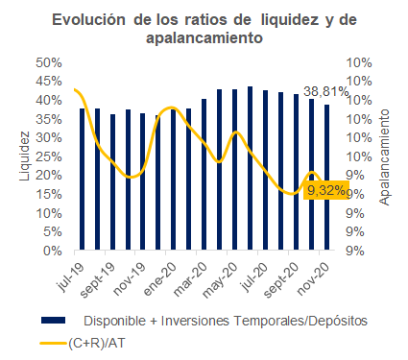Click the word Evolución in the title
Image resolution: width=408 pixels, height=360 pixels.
click(x=88, y=20)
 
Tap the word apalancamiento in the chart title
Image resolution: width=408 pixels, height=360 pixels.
click(x=204, y=37)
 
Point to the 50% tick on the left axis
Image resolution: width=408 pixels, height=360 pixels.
click(x=49, y=62)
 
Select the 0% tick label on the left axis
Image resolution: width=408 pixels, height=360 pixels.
click(x=53, y=251)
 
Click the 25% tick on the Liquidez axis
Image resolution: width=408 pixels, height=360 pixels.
click(x=49, y=156)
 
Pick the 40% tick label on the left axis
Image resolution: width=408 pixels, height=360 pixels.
click(x=49, y=101)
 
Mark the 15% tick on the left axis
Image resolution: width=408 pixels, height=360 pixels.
click(x=49, y=194)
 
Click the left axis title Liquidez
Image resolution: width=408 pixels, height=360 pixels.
click(x=25, y=156)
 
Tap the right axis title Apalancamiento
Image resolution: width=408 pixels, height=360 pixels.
click(x=384, y=157)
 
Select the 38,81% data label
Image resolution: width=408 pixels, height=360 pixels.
click(x=325, y=92)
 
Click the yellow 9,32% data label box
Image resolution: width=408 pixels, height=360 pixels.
click(x=326, y=191)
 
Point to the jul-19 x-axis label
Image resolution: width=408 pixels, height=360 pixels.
click(x=71, y=277)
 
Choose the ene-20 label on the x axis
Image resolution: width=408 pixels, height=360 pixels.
click(x=160, y=279)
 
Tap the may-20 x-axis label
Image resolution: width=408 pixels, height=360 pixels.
click(x=221, y=280)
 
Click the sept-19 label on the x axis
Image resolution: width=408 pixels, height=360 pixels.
click(x=97, y=280)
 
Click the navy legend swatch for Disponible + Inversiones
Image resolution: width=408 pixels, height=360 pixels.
click(x=54, y=321)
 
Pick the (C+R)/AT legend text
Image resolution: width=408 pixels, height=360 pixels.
click(x=97, y=343)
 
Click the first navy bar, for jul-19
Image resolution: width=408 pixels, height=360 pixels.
click(x=83, y=179)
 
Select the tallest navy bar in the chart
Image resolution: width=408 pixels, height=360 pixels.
click(x=250, y=168)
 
